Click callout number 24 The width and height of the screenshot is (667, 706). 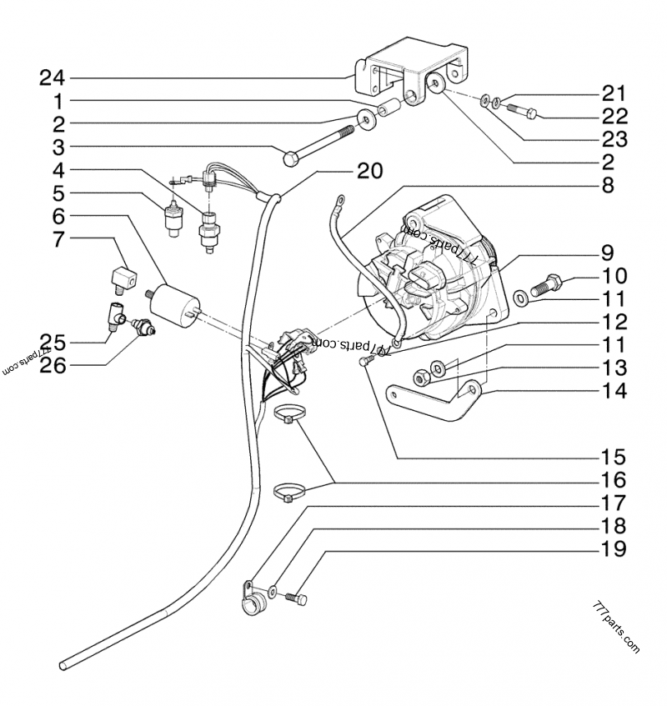click(x=51, y=78)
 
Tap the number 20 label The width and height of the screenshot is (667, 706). click(x=369, y=171)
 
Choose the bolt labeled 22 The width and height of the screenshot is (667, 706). click(x=518, y=108)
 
